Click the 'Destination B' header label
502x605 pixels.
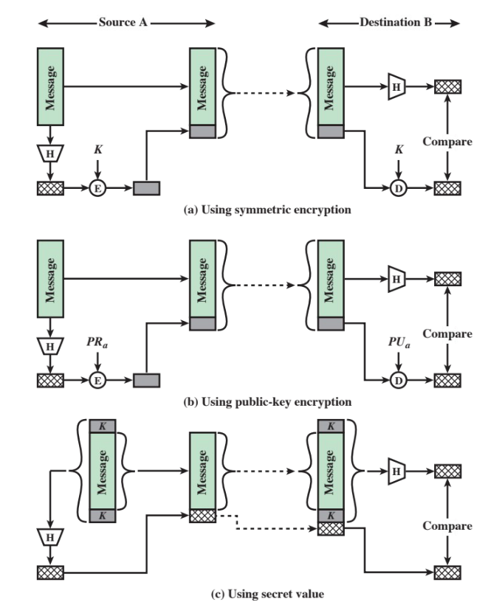(x=389, y=23)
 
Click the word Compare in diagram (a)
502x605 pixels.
(x=447, y=142)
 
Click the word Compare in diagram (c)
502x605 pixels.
(x=447, y=526)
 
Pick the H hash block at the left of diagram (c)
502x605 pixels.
(x=50, y=537)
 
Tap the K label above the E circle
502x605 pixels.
(x=98, y=151)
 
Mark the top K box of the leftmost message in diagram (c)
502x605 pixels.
(x=102, y=426)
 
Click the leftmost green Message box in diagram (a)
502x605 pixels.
(x=50, y=86)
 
